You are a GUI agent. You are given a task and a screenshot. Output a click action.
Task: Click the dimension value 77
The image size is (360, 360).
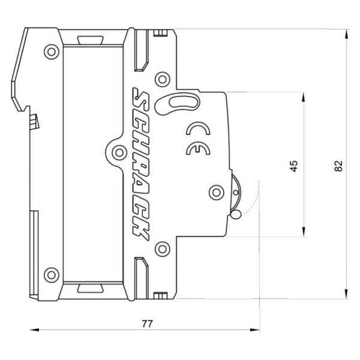(146, 323)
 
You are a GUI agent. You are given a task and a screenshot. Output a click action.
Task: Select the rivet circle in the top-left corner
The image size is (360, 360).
(52, 52)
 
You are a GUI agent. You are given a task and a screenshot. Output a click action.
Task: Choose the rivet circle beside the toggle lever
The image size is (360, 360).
(215, 192)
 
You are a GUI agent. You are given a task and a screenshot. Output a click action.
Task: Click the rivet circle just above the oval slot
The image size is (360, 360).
(161, 79)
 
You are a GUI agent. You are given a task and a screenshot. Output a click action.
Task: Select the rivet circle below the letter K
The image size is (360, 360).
(160, 248)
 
